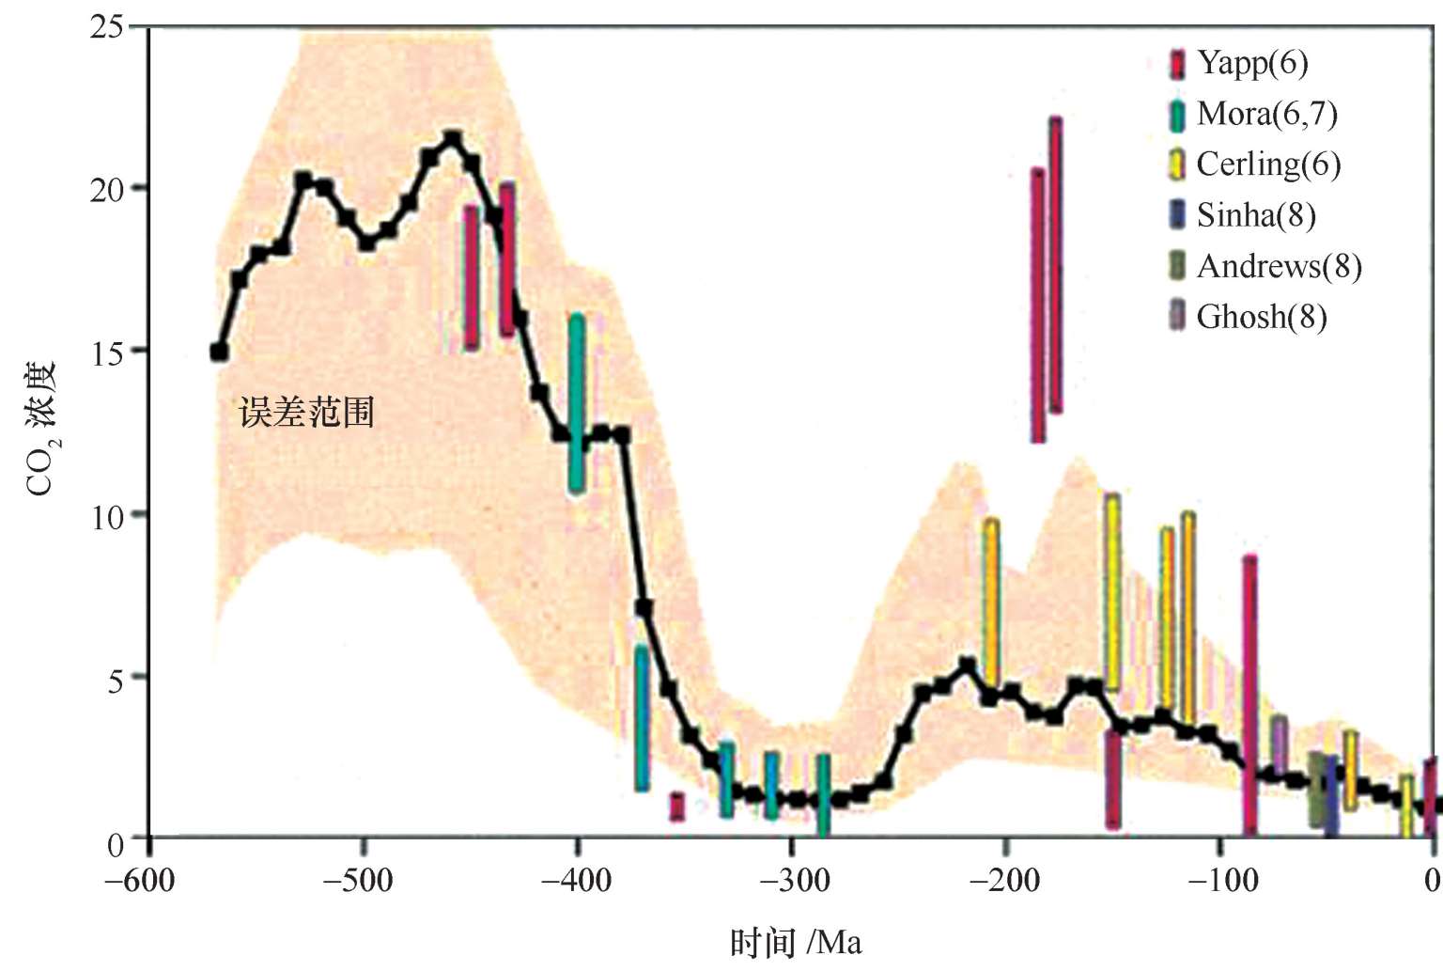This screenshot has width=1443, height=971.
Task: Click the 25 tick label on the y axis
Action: click(x=106, y=26)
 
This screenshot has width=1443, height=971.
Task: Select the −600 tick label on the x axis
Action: click(x=139, y=882)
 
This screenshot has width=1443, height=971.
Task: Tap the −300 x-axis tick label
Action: click(x=795, y=882)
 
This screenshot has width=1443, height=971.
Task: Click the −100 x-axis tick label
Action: click(x=1222, y=882)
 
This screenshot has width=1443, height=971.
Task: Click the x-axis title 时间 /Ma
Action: click(x=796, y=942)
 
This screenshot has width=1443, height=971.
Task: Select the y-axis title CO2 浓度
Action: click(x=42, y=428)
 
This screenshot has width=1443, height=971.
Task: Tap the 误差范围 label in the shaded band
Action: click(x=307, y=413)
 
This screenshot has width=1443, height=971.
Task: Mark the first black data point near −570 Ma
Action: click(x=219, y=352)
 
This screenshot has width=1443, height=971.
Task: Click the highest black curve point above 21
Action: click(x=453, y=139)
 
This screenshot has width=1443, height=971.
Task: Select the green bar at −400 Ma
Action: click(x=577, y=403)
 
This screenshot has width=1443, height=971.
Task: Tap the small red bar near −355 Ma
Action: click(x=676, y=807)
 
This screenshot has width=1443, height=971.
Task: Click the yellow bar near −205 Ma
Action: click(x=990, y=603)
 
